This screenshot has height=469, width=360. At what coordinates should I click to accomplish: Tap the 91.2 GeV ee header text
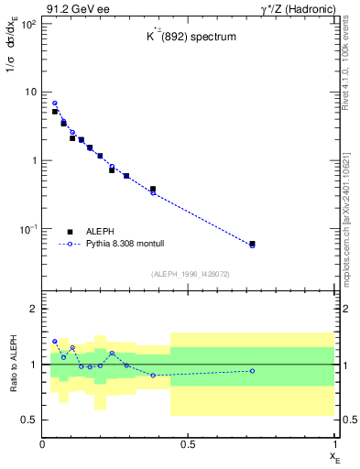coord(74,8)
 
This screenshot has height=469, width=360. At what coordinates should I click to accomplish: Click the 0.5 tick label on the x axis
coord(188,444)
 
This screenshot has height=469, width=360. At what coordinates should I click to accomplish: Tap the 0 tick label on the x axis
coord(42,444)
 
